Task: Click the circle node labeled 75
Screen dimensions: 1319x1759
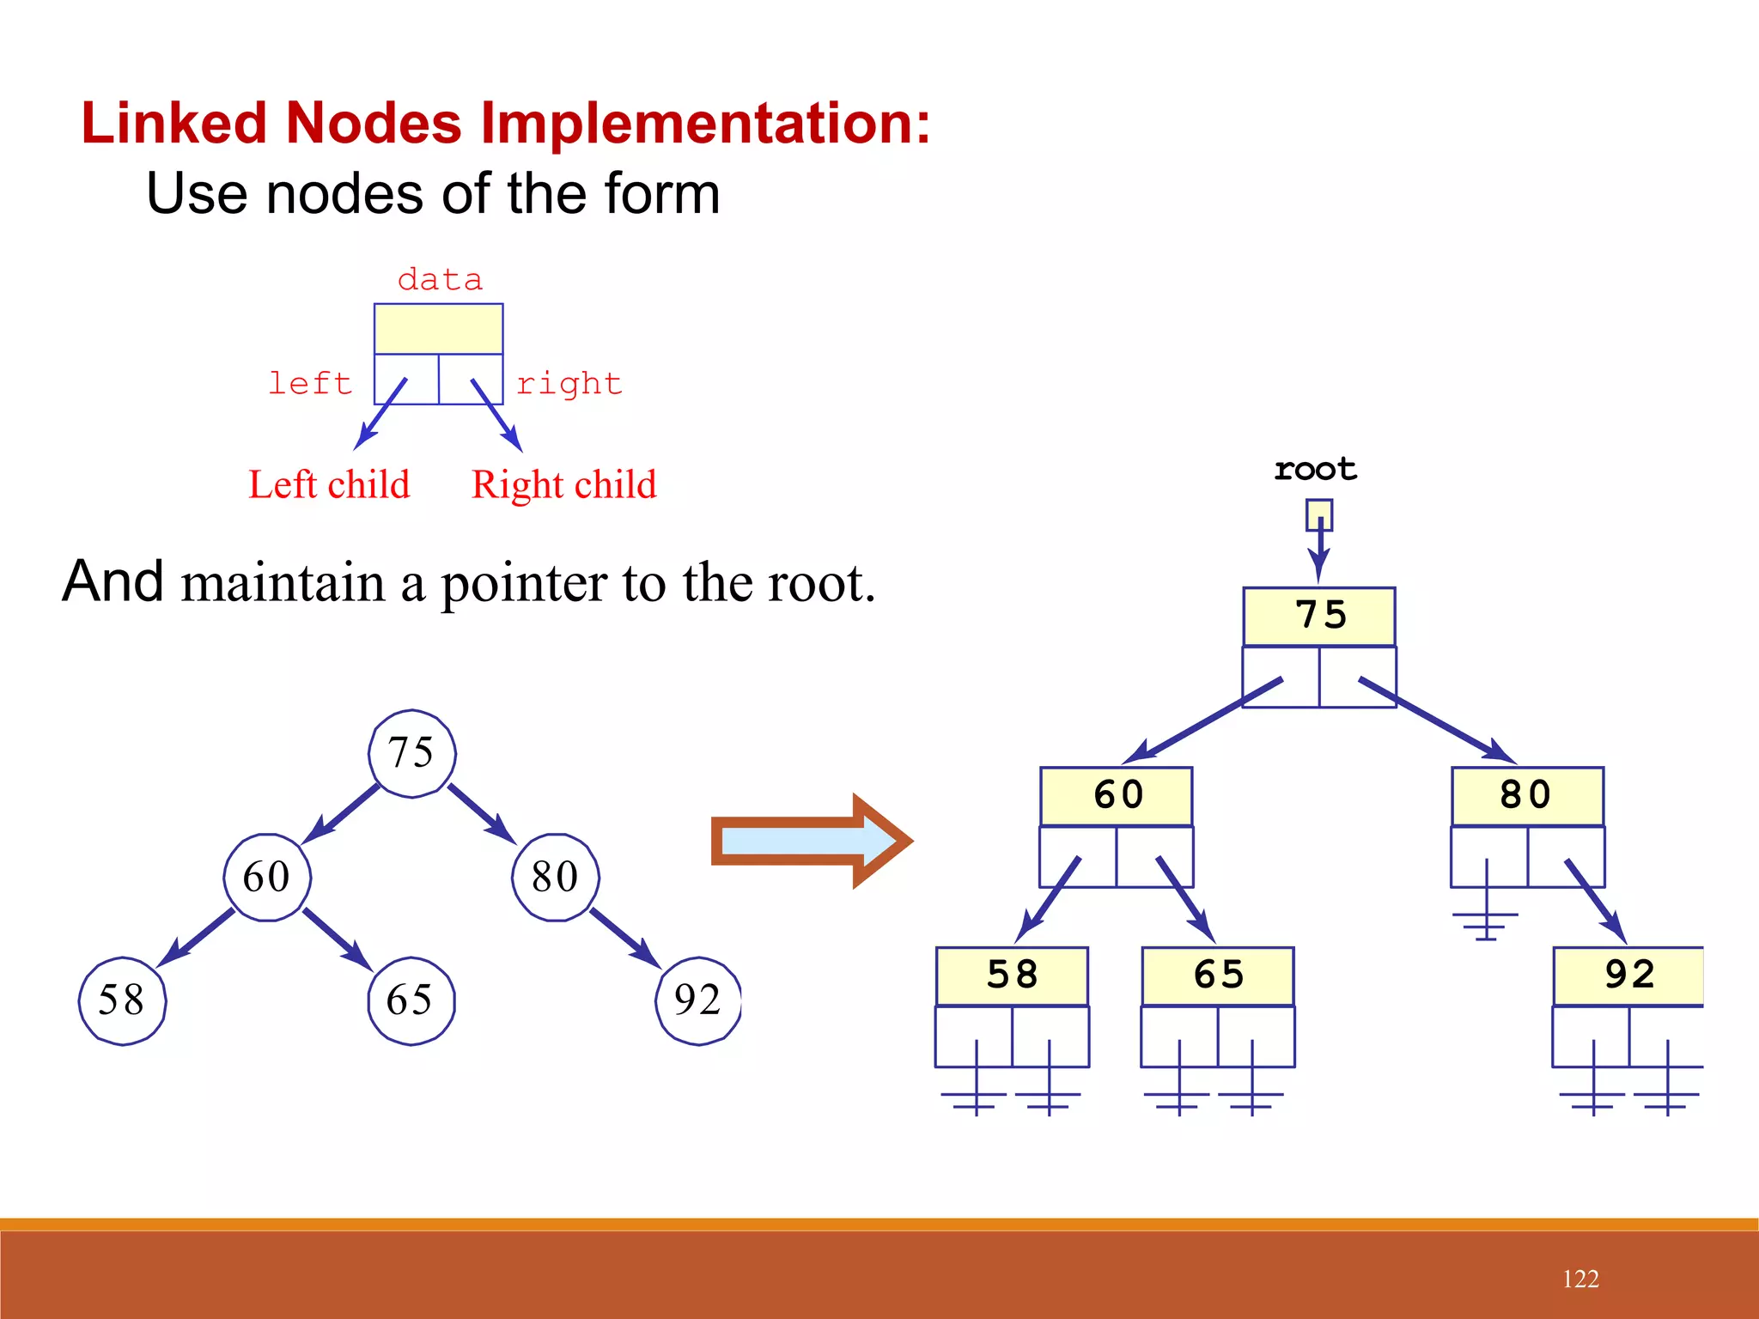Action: (412, 753)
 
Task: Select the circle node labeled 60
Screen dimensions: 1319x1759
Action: (267, 877)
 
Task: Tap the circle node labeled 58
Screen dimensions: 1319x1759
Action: (122, 1000)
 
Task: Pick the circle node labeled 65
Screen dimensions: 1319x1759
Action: (411, 1000)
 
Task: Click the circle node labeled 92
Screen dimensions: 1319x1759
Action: (698, 1000)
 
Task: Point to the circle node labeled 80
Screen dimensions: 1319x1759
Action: (556, 877)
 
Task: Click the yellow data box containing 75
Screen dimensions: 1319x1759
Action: (1319, 617)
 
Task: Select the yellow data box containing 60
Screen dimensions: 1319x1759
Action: (1117, 796)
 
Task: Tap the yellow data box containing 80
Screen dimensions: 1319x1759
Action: (1527, 796)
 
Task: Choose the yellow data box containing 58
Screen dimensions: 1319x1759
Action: (1012, 976)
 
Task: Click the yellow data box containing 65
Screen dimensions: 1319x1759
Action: (1218, 976)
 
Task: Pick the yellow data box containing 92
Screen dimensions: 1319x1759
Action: (1628, 976)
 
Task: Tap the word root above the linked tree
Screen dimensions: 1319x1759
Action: (1315, 469)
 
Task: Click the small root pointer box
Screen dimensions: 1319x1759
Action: (1319, 515)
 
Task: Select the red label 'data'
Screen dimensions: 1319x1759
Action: (440, 280)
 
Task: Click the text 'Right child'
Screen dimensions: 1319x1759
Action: (564, 485)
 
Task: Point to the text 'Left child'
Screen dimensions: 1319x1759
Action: (329, 485)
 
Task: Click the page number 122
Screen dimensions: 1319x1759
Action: (1580, 1279)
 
